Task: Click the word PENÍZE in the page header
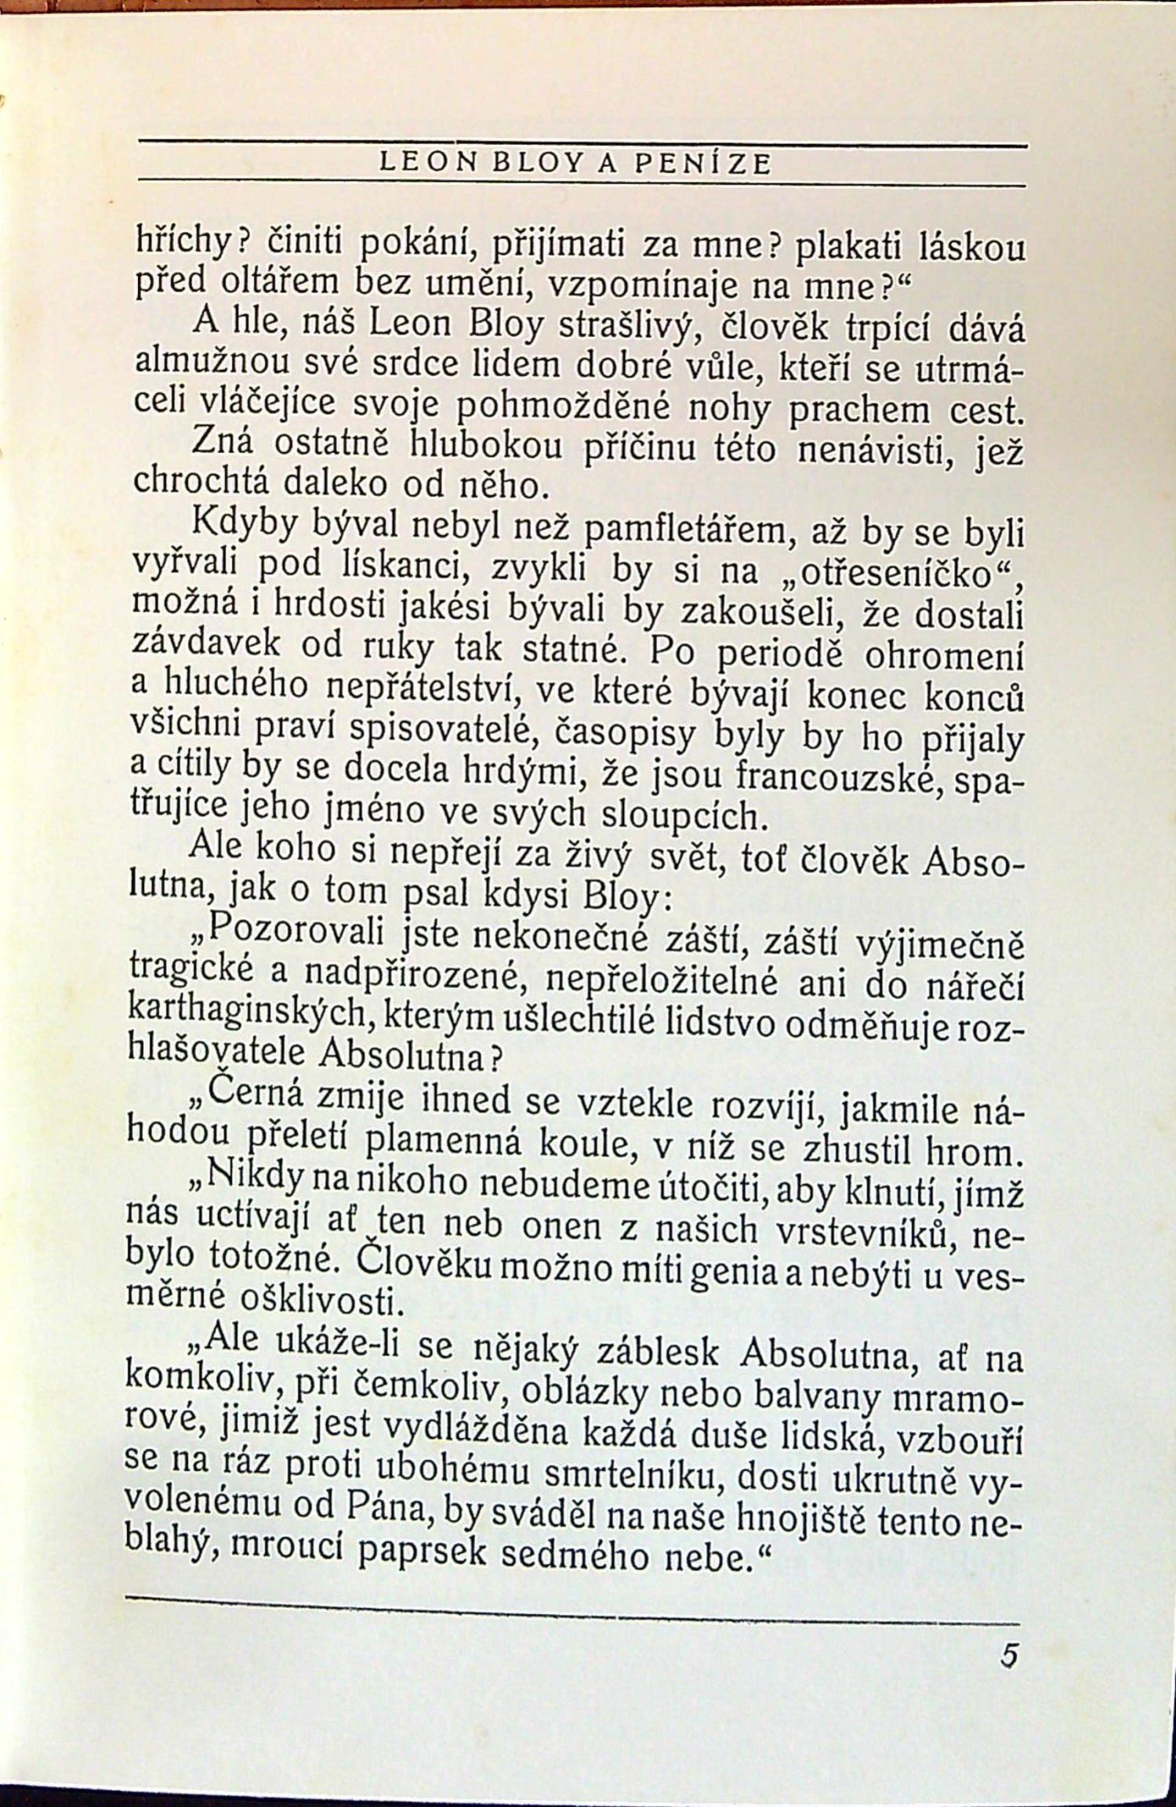click(x=702, y=164)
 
